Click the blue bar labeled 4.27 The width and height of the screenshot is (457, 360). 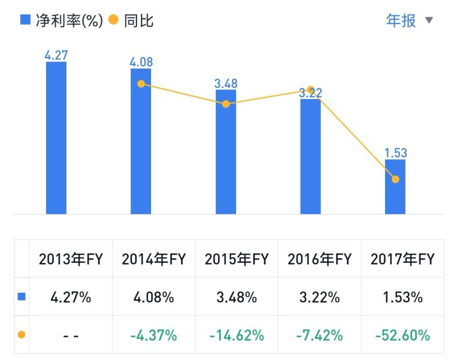coord(56,138)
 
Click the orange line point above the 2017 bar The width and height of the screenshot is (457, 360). coord(395,179)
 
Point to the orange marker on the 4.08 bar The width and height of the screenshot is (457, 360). coord(141,84)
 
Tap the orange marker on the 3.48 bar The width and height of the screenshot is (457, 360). coord(226,104)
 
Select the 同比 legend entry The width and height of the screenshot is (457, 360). coord(131,21)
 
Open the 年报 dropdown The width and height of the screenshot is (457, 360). coord(409,21)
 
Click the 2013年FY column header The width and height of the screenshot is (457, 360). coord(70,259)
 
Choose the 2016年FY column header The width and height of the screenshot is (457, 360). coord(319,259)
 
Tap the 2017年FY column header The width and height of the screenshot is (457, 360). coord(402,259)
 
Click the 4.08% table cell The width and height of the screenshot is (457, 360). coord(153,297)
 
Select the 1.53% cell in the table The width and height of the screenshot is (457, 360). coord(402,297)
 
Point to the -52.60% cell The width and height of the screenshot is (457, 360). coord(402,335)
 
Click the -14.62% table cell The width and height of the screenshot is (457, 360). coord(237,335)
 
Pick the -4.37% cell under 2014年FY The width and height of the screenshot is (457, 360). coord(153,335)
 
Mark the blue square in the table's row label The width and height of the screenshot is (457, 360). coord(22,297)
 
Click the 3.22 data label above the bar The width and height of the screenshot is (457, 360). coord(310,93)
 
